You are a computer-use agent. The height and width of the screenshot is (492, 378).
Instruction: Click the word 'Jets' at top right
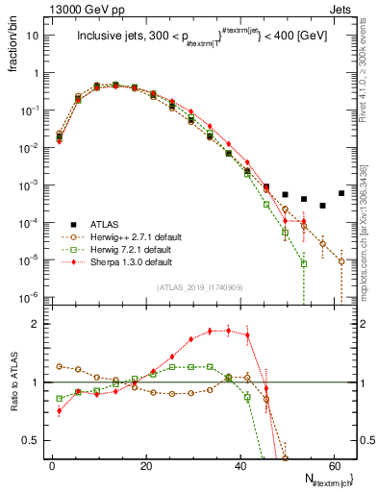pyautogui.click(x=343, y=8)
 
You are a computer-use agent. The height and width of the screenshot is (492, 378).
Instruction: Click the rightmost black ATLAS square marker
pyautogui.click(x=341, y=192)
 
